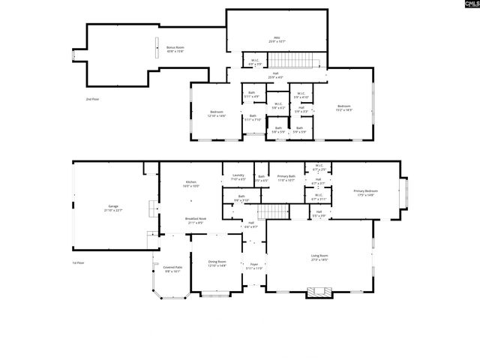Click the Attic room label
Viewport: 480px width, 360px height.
(x=276, y=40)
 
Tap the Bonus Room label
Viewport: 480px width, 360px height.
(x=175, y=49)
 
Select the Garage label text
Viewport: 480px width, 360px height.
(x=114, y=207)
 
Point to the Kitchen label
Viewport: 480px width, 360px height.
(x=192, y=184)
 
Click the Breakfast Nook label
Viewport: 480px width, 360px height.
(x=196, y=220)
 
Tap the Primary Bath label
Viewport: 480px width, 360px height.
(x=286, y=178)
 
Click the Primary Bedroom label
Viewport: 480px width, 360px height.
(x=366, y=193)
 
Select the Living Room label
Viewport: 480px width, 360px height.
(x=320, y=257)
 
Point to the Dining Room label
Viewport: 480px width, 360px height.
(x=217, y=263)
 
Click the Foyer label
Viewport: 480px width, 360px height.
(x=254, y=265)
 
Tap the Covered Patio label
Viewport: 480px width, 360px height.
(x=173, y=268)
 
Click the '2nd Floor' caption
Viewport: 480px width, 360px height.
(x=92, y=98)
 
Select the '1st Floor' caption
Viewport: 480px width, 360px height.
(x=78, y=262)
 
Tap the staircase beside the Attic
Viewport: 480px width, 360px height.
(x=284, y=60)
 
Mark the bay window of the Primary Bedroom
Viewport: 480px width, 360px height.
(x=405, y=193)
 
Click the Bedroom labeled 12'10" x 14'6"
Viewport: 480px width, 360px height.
(x=217, y=114)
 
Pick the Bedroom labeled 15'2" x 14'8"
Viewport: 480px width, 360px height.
(x=344, y=108)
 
